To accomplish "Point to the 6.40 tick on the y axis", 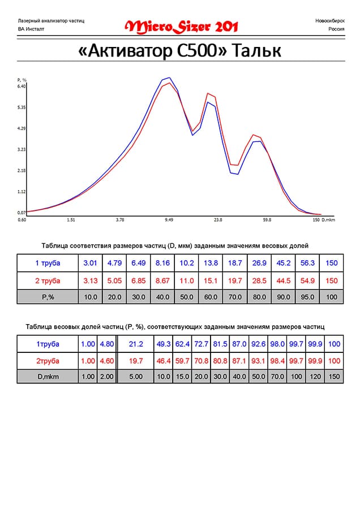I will tap(22, 86).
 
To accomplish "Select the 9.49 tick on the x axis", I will tap(169, 219).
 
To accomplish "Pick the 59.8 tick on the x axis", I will tap(267, 219).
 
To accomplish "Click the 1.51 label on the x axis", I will tap(71, 219).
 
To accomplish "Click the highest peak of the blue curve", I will tap(169, 78).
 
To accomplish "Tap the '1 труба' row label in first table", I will tap(48, 263).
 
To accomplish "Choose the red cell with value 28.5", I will tap(258, 281).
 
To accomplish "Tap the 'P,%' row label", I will tap(48, 296).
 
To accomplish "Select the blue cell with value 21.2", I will tap(137, 344).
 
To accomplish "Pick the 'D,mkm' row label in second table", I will tap(48, 376).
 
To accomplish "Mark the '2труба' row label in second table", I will tap(48, 360).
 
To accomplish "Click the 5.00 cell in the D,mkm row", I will tap(137, 376).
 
